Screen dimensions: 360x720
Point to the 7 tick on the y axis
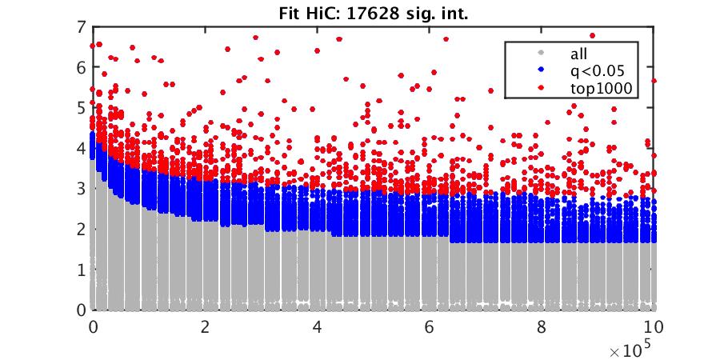click(82, 26)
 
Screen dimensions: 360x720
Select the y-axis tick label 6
click(82, 67)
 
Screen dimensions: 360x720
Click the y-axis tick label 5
click(82, 107)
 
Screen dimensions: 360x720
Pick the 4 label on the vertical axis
click(82, 148)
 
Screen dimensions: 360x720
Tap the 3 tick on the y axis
click(82, 189)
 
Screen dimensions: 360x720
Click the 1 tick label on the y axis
click(82, 270)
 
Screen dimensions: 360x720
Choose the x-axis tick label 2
click(206, 326)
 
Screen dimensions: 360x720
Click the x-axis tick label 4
click(318, 326)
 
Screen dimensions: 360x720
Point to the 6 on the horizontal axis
click(430, 326)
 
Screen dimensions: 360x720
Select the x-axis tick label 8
click(542, 326)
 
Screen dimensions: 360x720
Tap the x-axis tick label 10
click(654, 326)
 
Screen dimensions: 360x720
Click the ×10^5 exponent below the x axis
click(635, 350)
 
